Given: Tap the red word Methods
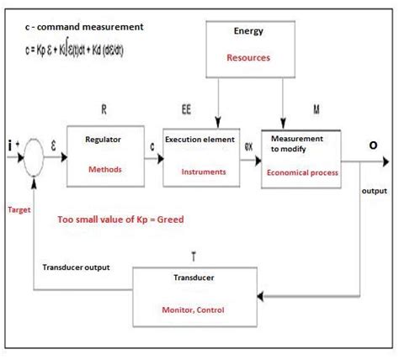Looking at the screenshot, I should (x=104, y=169).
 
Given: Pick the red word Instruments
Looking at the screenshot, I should (x=205, y=171).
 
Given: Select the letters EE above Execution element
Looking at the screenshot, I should (x=187, y=110).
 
